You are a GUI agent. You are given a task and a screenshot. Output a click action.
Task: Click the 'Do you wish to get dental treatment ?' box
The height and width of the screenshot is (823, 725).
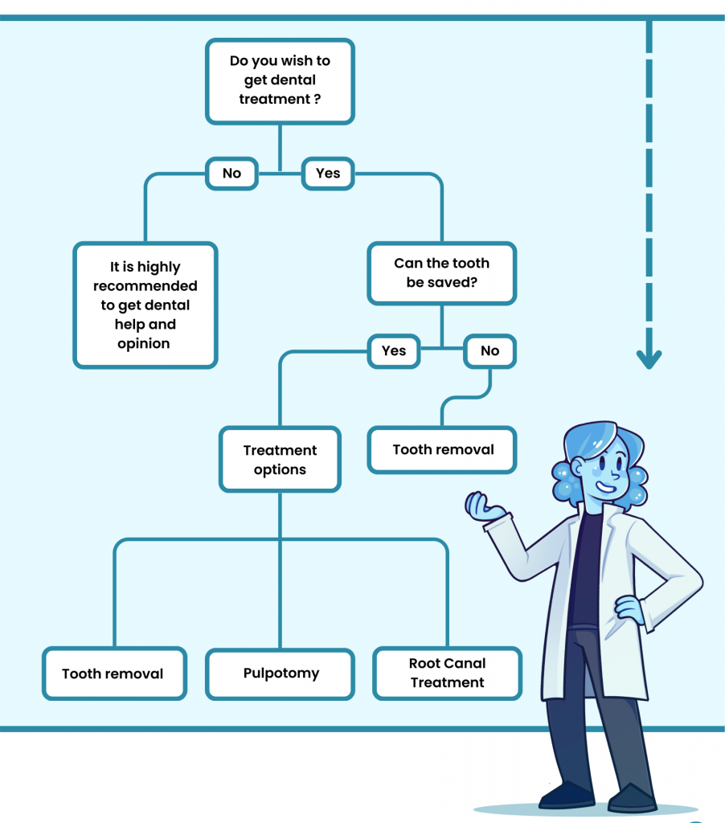[280, 80]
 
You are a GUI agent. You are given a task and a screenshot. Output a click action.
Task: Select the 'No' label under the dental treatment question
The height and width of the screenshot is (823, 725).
[231, 173]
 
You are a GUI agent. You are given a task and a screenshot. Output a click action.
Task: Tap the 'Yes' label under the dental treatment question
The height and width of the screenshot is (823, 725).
[328, 173]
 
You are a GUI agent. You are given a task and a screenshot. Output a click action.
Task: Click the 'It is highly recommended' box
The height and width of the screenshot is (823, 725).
[145, 305]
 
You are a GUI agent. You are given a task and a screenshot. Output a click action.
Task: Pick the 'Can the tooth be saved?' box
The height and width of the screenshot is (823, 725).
[441, 273]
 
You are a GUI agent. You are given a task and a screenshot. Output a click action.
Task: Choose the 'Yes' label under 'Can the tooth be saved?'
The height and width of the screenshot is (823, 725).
[394, 350]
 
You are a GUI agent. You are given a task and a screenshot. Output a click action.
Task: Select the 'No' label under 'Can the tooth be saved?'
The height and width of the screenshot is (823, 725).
[489, 350]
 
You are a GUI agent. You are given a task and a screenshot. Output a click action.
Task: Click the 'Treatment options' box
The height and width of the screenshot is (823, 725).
[280, 460]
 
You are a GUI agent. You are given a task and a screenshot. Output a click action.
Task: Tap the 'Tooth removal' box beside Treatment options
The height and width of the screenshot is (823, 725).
[443, 450]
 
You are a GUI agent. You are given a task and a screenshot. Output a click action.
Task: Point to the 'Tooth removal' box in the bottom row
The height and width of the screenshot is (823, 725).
[113, 674]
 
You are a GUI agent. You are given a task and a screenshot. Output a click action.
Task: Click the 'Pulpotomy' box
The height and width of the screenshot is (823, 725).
[281, 673]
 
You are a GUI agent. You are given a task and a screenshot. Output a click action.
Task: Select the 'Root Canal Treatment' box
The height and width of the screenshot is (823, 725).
[448, 673]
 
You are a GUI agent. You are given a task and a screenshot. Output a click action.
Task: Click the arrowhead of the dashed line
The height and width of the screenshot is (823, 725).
[649, 358]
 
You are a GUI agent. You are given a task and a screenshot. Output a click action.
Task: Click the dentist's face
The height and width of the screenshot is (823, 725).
[603, 470]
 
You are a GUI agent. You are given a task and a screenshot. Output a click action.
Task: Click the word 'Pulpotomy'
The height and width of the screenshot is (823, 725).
[281, 673]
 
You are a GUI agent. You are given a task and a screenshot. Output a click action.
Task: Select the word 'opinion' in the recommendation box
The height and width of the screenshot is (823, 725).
[144, 344]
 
